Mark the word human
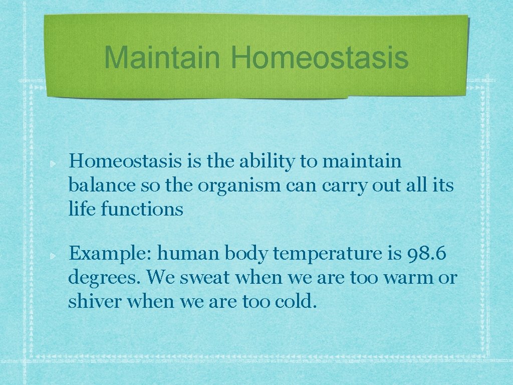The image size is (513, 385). pyautogui.click(x=188, y=254)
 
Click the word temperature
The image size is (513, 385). pyautogui.click(x=327, y=255)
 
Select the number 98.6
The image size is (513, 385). pyautogui.click(x=423, y=254)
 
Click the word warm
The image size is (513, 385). pyautogui.click(x=408, y=277)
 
